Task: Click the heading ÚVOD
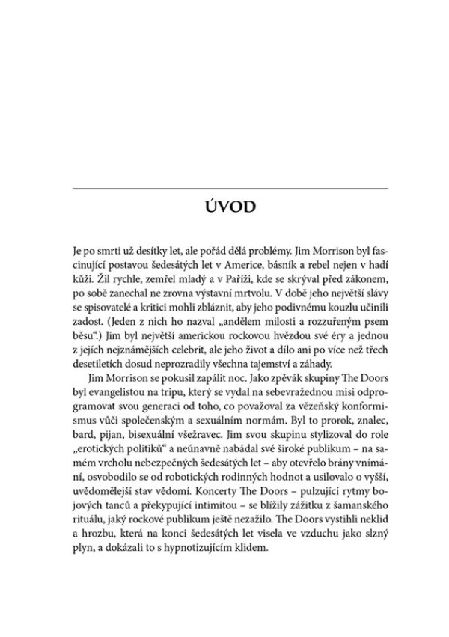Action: [x=229, y=204]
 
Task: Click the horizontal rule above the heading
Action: [x=229, y=188]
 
